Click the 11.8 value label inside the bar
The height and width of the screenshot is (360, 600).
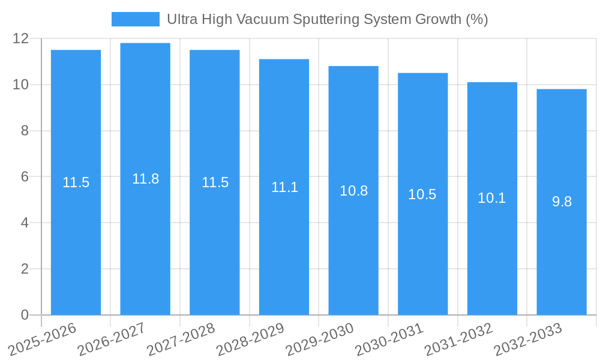(x=145, y=179)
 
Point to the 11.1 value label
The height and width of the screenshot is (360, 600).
(x=284, y=187)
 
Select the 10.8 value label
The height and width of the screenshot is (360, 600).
(x=353, y=191)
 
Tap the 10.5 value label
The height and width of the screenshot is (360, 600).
(x=422, y=194)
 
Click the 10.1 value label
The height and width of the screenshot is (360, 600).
(x=492, y=198)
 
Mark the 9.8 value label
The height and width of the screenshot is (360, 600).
(x=562, y=202)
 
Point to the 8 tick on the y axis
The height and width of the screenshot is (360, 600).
(x=25, y=131)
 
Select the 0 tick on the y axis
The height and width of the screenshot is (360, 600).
(x=25, y=315)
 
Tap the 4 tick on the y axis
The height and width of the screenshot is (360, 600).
(x=25, y=223)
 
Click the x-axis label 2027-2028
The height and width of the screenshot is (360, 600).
(x=181, y=338)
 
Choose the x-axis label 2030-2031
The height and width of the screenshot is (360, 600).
(x=389, y=338)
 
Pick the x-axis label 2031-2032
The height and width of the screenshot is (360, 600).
(x=459, y=338)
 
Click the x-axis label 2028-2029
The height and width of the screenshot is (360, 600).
(x=251, y=338)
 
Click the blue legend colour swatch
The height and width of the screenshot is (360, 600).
(x=136, y=19)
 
